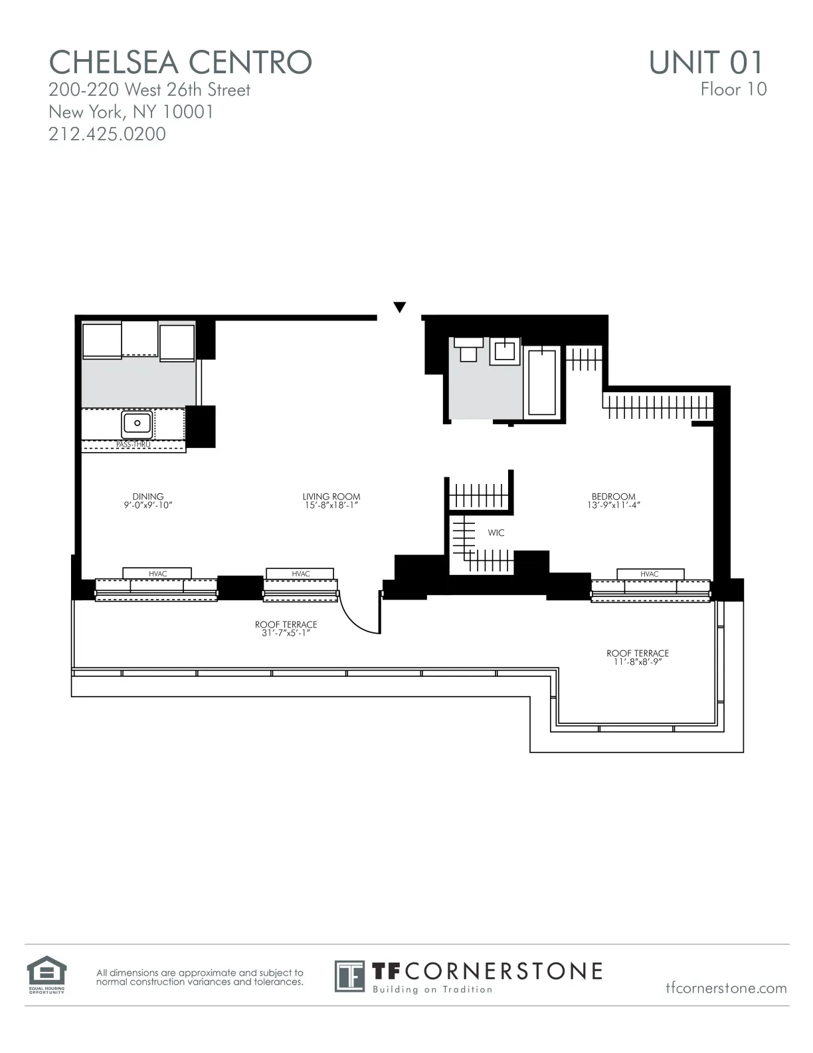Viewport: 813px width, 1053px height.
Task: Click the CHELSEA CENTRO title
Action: click(180, 62)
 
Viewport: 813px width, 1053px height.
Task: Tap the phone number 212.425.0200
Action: click(107, 134)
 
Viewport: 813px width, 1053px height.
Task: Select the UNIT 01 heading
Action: click(706, 62)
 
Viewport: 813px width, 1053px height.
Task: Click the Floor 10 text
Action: click(733, 89)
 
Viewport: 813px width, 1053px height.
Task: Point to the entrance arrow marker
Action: click(399, 307)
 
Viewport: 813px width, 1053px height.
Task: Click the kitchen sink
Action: click(137, 423)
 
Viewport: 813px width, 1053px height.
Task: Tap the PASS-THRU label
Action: click(134, 444)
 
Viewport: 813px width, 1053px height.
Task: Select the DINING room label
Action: click(147, 497)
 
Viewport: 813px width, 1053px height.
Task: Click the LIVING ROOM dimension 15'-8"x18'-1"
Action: click(331, 505)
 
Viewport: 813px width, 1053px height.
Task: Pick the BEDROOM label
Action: click(613, 497)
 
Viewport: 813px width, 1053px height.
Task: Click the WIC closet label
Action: click(496, 532)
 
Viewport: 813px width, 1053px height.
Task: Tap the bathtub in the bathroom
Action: click(542, 382)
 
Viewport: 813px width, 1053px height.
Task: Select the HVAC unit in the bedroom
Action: click(650, 574)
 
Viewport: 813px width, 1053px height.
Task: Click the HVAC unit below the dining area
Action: click(157, 574)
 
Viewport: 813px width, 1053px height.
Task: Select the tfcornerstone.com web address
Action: click(726, 988)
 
